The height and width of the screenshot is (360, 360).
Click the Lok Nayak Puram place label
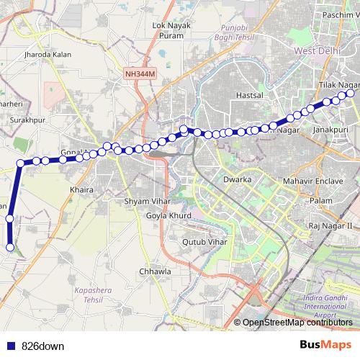click(171, 30)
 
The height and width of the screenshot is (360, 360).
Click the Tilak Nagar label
click(337, 85)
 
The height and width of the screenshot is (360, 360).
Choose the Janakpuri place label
click(332, 130)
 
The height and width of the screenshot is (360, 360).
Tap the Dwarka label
click(237, 178)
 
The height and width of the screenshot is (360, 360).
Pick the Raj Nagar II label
click(329, 225)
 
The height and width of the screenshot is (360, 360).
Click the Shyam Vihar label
click(146, 201)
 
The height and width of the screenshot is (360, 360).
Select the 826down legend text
click(43, 346)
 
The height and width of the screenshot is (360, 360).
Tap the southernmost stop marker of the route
click(10, 247)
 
